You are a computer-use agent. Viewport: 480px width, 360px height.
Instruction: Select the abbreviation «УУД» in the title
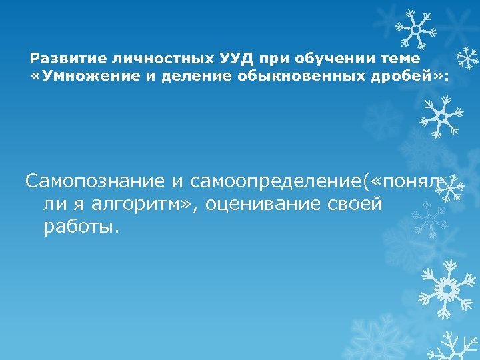(201, 59)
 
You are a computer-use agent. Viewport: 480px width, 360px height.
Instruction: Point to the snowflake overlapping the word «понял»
(451, 188)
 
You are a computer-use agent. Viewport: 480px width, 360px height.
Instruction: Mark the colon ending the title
(447, 78)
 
